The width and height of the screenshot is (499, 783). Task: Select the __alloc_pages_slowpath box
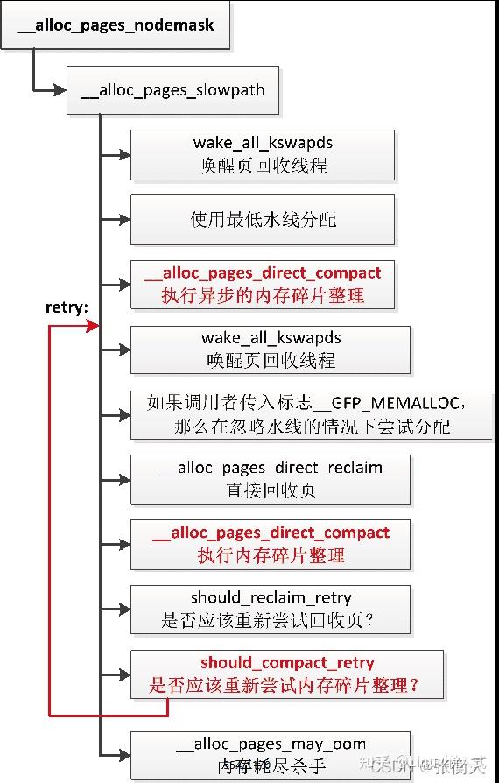click(x=172, y=90)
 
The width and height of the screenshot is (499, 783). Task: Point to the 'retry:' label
click(x=67, y=308)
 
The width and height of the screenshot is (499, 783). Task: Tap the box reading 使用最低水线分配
click(x=262, y=219)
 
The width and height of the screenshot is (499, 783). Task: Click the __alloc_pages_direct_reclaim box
click(x=271, y=479)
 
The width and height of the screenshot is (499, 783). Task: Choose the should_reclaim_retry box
click(x=271, y=610)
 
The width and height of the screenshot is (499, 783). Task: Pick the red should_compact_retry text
click(x=286, y=663)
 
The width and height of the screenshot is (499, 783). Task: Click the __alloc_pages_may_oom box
click(x=271, y=756)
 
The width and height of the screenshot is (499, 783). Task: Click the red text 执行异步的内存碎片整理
click(x=263, y=295)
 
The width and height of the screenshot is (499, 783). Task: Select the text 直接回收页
click(x=271, y=490)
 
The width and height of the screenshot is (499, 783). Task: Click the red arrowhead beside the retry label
click(x=92, y=326)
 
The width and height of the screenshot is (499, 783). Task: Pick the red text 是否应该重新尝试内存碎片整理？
click(x=285, y=686)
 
